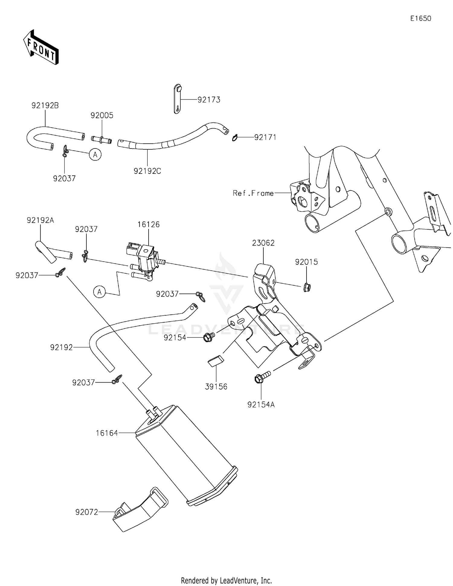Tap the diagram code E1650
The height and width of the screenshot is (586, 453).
click(420, 18)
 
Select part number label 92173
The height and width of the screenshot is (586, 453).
click(209, 99)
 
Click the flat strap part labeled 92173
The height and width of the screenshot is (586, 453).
click(178, 99)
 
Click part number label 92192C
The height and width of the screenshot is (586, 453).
click(147, 171)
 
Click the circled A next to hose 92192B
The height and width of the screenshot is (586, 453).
click(95, 155)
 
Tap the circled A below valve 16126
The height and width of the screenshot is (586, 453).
click(99, 292)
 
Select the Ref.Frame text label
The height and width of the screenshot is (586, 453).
click(253, 193)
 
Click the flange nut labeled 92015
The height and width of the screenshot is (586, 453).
click(307, 286)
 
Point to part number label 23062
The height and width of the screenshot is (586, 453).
click(263, 243)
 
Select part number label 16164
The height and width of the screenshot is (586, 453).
click(107, 433)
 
